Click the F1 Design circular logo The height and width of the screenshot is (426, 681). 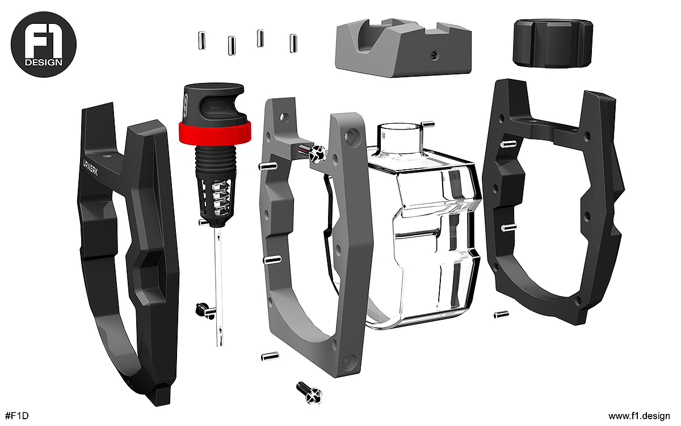coord(44,44)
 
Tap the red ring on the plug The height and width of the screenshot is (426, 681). coord(215,132)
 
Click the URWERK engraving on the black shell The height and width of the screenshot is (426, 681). coord(91,167)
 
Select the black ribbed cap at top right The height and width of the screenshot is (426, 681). coord(553,43)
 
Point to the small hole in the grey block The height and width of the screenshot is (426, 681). coord(434,55)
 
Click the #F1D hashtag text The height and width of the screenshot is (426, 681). coord(17,416)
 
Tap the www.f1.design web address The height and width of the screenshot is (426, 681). coord(639,416)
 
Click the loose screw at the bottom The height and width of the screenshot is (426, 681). coord(309,393)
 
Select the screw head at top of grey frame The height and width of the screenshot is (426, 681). coord(317,152)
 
